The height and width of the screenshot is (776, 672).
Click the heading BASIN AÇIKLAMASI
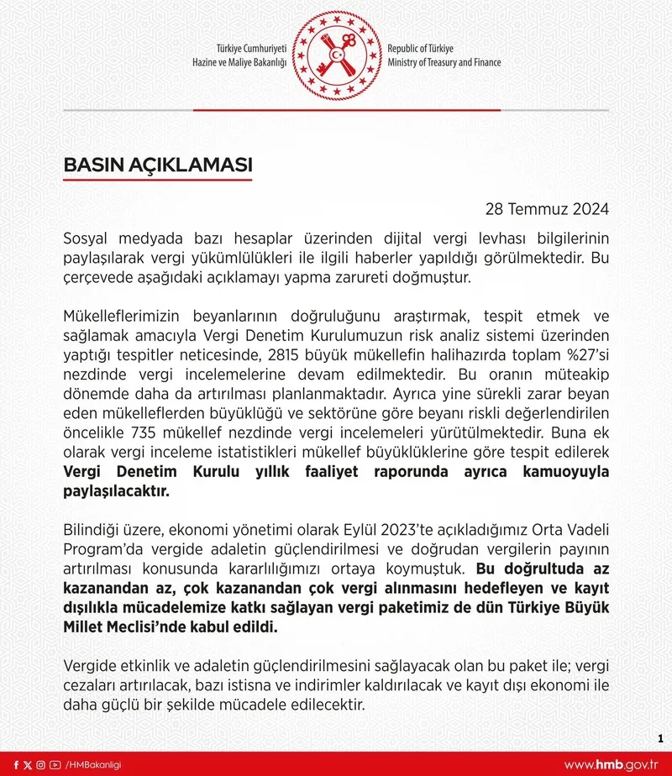coord(158,165)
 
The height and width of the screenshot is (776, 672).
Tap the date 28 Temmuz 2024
coord(547,208)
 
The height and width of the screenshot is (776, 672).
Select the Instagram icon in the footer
coord(41,764)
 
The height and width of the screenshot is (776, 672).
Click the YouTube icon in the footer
coord(55,764)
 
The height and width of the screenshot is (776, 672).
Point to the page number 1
coord(660,738)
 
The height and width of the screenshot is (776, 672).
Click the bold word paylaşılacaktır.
coord(117,493)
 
